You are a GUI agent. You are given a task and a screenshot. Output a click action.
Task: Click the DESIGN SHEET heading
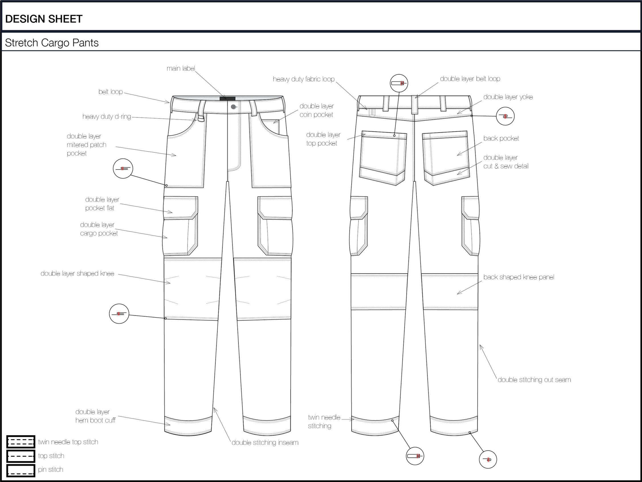point(44,19)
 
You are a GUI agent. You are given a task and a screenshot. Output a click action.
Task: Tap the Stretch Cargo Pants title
point(52,43)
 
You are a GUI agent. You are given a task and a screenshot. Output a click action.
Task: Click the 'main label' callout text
point(181,68)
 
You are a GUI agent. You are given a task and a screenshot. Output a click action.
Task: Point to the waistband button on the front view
point(233,107)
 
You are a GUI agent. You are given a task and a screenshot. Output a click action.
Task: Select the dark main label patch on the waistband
point(227,99)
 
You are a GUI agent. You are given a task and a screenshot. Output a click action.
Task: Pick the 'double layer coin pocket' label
point(317,110)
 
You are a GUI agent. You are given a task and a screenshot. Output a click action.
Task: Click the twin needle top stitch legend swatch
point(21,442)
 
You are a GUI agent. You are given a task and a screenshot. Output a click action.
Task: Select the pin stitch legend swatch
point(21,469)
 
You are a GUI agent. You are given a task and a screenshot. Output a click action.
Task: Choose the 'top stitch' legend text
point(51,456)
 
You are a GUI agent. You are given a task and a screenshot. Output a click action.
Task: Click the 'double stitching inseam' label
point(265,442)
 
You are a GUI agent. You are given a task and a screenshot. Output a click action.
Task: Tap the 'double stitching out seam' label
point(534,380)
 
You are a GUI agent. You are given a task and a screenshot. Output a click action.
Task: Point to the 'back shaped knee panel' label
point(518,277)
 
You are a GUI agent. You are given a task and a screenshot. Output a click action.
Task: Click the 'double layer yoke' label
point(508,97)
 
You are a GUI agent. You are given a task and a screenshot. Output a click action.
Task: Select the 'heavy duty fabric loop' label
point(303,79)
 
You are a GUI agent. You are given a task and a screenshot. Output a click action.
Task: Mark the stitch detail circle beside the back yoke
point(505,116)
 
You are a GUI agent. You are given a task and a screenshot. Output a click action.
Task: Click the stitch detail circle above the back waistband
point(399,83)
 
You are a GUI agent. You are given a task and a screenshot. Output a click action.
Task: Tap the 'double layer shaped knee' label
point(77,274)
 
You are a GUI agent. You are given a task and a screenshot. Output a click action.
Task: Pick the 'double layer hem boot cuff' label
point(95,416)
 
